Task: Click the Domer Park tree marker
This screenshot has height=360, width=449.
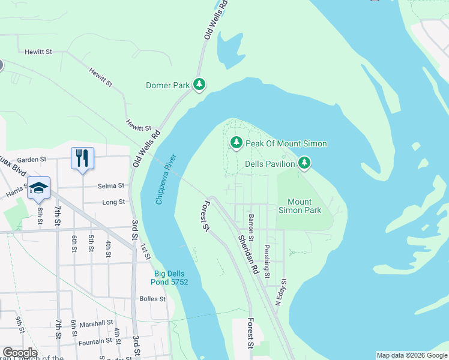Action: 199,85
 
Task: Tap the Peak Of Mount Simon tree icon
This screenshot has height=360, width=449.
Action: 237,143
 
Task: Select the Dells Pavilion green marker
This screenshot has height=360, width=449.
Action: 305,163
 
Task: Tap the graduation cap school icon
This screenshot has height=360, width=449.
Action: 38,188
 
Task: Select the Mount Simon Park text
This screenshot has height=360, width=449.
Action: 304,206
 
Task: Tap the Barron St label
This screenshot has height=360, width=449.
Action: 251,224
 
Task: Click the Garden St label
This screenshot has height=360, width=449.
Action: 32,160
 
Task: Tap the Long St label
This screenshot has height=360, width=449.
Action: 113,202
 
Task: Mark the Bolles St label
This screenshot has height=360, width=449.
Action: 152,299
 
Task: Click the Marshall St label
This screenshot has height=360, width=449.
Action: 97,323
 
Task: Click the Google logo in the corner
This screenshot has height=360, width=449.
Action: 20,353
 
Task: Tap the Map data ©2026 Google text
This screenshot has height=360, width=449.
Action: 412,355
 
